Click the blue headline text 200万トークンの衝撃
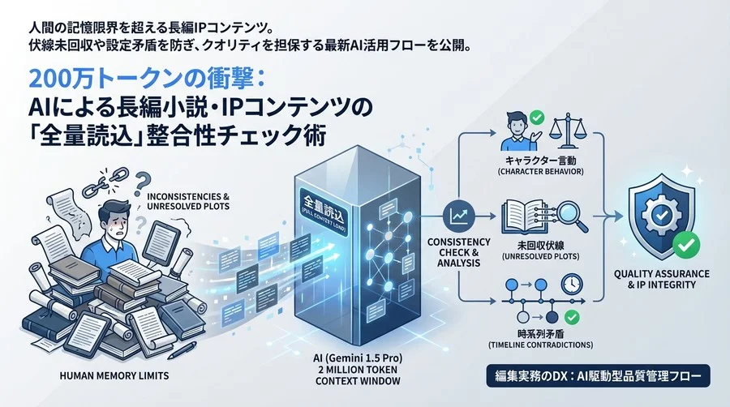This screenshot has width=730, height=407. [147, 80]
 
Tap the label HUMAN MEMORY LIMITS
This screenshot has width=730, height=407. [114, 375]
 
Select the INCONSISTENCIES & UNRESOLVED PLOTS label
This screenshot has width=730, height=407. [188, 201]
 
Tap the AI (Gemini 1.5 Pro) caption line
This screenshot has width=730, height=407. [358, 358]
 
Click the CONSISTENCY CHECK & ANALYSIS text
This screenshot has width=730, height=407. [458, 252]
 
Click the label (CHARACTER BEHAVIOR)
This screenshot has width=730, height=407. [540, 171]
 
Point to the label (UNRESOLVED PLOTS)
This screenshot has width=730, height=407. [540, 256]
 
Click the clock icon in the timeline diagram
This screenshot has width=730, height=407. [572, 283]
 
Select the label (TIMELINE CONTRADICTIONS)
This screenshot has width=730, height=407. [540, 345]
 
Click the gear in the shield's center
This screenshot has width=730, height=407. [660, 215]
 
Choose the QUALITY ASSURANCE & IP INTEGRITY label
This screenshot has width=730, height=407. [662, 279]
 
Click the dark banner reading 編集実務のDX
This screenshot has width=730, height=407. [599, 376]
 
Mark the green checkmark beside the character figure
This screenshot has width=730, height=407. [538, 118]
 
